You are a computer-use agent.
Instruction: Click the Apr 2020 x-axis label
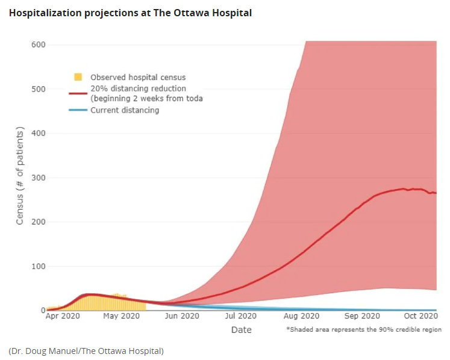coord(63,315)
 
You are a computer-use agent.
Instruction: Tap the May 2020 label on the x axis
coord(122,315)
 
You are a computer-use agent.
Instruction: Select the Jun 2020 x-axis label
coord(181,315)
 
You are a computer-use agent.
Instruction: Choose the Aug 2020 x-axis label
coord(301,315)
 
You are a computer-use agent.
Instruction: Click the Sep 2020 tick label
coord(360,315)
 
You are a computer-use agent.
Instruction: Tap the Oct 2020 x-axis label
coord(419,315)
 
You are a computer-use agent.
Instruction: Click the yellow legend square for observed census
coord(78,77)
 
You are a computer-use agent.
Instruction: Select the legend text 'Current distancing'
coord(125,110)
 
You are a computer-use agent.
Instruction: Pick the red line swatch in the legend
coord(78,93)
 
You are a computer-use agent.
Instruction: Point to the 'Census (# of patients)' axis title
coord(20,176)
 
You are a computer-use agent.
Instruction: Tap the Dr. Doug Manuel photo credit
coord(86,350)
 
